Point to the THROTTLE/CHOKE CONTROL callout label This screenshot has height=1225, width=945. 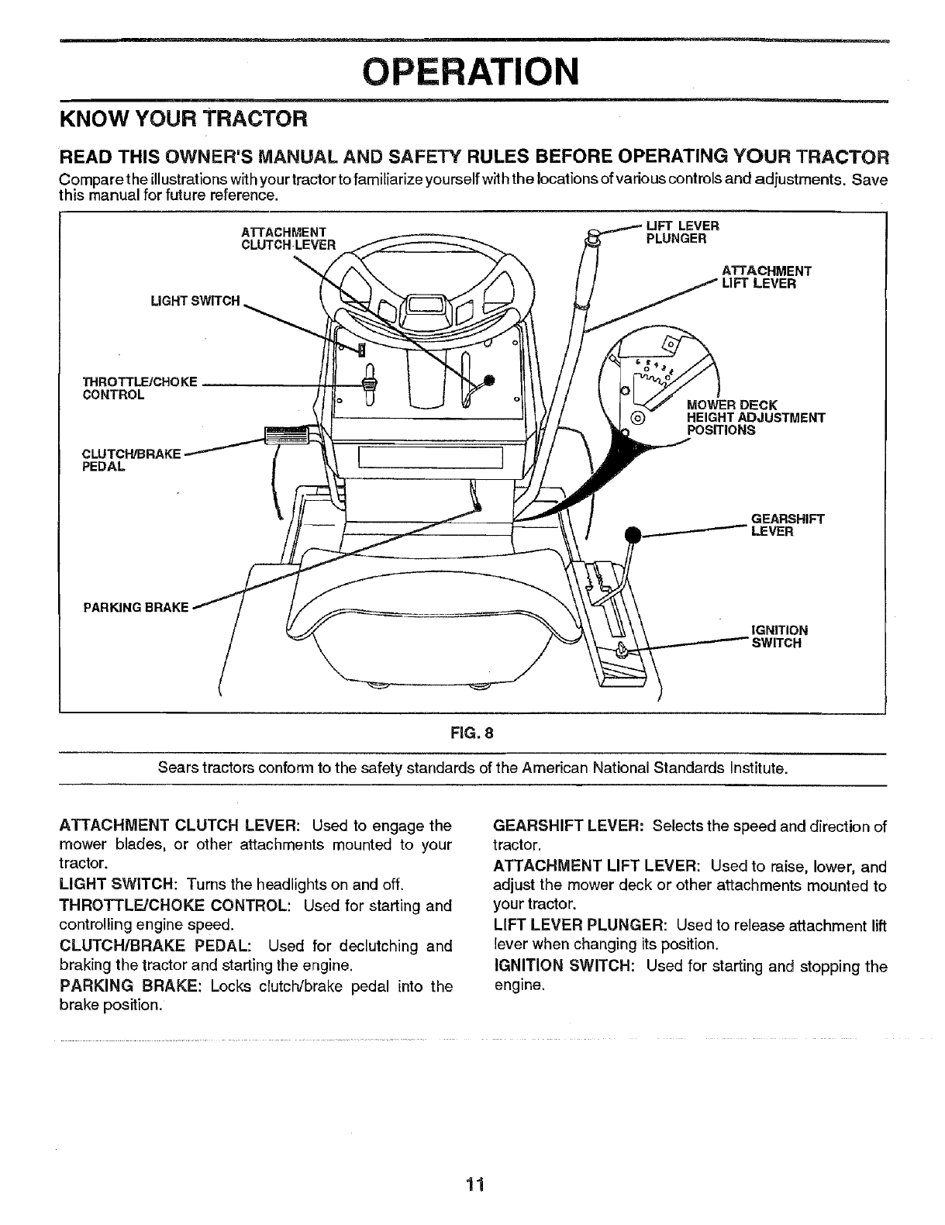click(x=140, y=388)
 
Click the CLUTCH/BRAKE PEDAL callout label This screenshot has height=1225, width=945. click(x=130, y=460)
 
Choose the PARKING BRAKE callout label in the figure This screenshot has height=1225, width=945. click(x=136, y=606)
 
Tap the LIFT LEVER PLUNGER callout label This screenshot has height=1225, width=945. click(x=683, y=232)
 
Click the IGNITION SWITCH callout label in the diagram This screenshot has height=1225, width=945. click(x=780, y=637)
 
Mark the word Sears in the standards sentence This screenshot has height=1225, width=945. click(x=178, y=769)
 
